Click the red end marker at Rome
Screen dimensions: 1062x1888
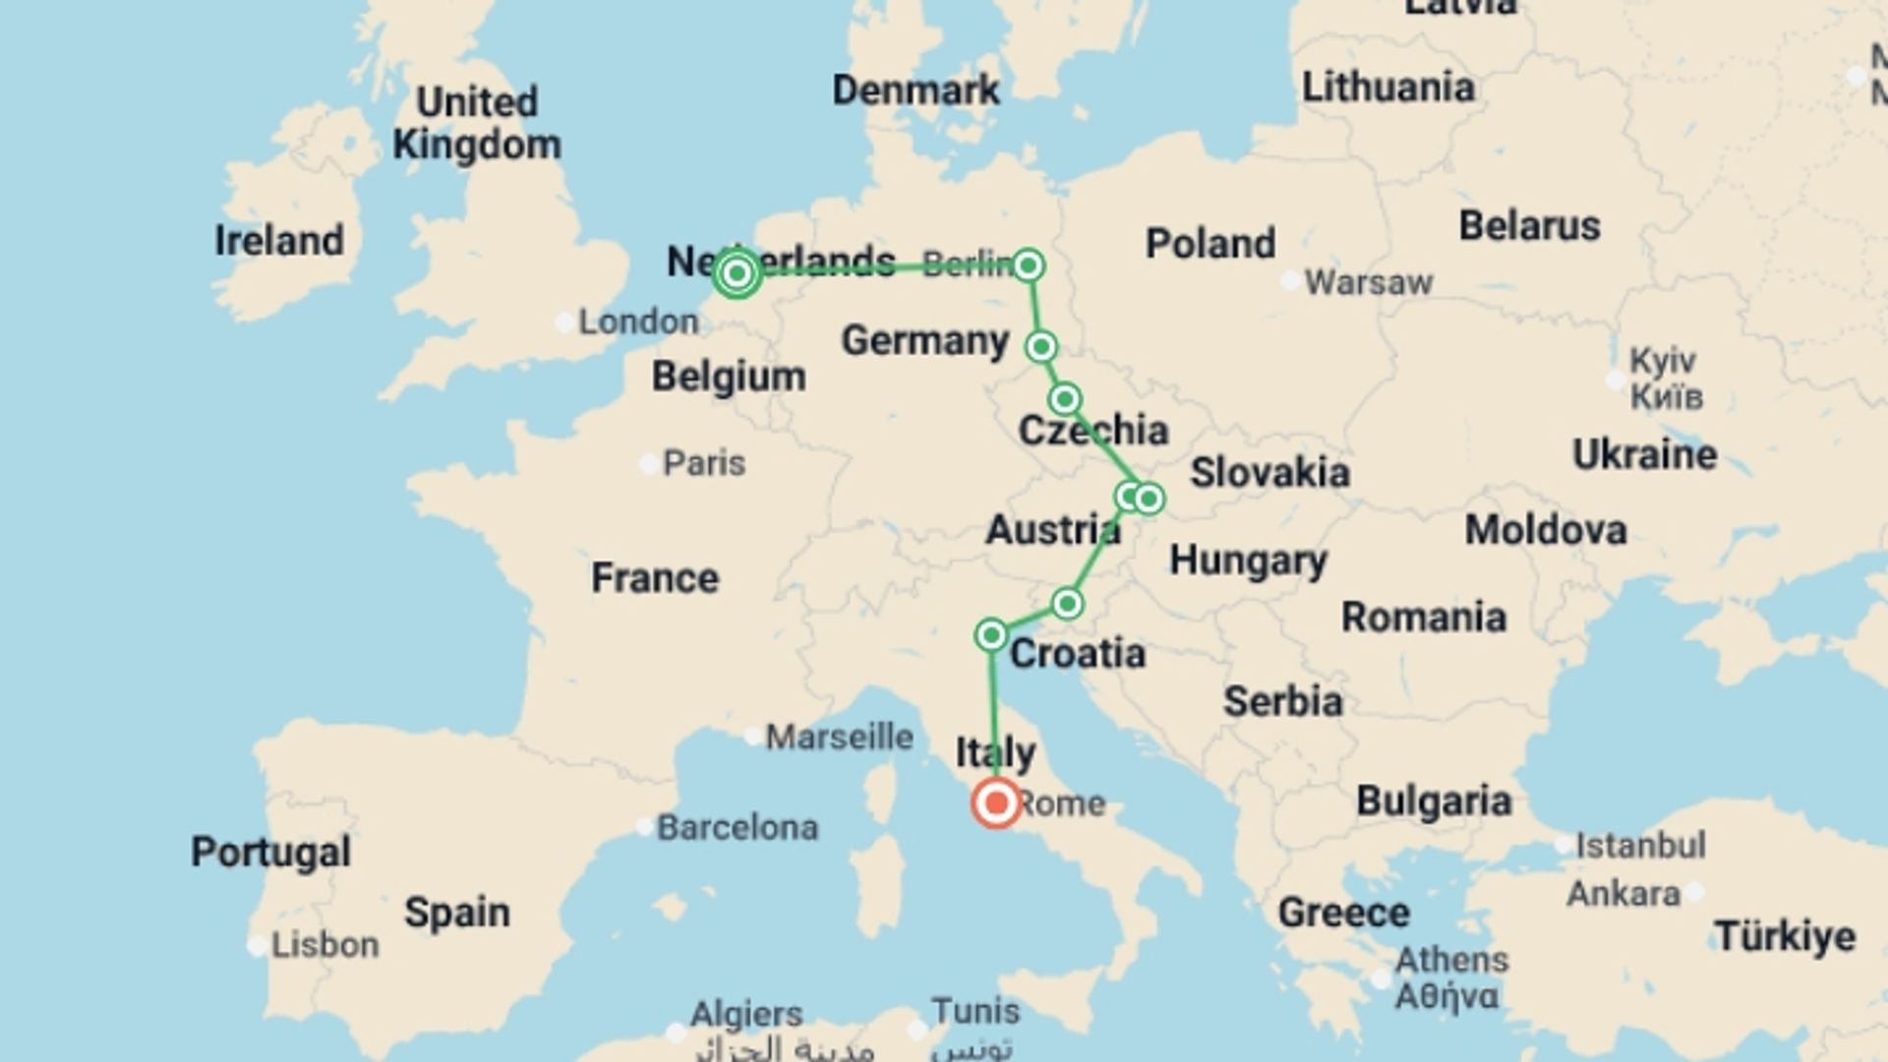[996, 802]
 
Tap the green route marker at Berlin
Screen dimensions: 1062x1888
[1029, 265]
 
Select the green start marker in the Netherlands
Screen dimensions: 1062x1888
[737, 272]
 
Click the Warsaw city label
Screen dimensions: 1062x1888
[1368, 283]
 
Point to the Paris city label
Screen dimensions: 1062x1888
[704, 463]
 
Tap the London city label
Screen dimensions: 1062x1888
[638, 322]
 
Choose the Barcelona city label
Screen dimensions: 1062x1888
[737, 828]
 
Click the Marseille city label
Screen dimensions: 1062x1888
[839, 737]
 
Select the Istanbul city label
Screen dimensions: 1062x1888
[1640, 845]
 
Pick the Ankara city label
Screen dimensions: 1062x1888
[1623, 894]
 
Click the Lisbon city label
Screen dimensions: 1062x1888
[324, 945]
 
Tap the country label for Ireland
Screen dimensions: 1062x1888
[279, 241]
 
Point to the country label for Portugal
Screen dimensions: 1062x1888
[270, 852]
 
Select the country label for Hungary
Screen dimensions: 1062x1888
[1248, 560]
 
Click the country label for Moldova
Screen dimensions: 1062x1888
[1546, 530]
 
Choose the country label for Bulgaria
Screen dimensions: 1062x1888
[1434, 801]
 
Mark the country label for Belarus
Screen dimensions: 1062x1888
[1529, 225]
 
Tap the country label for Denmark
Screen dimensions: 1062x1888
[915, 90]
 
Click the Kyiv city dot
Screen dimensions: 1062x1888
[1615, 379]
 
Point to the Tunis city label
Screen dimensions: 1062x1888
[975, 1011]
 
